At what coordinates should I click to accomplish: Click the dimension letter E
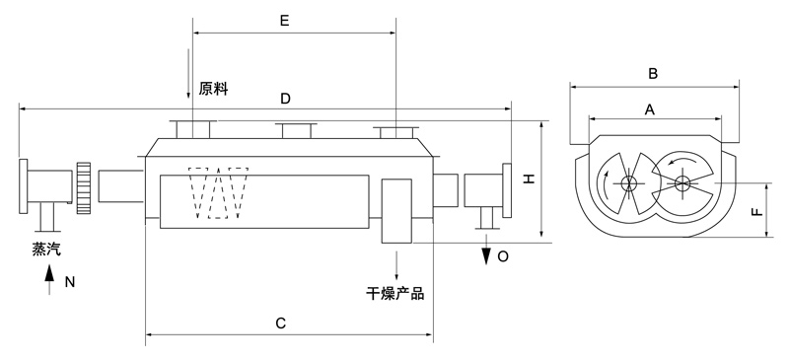pyautogui.click(x=284, y=20)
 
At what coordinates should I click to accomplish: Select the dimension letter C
pyautogui.click(x=281, y=323)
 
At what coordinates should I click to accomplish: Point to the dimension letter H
pyautogui.click(x=529, y=179)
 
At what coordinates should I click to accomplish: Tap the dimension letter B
pyautogui.click(x=652, y=73)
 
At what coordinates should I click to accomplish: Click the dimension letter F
pyautogui.click(x=755, y=211)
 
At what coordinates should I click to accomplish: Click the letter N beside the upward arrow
pyautogui.click(x=69, y=282)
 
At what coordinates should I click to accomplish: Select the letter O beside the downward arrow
pyautogui.click(x=503, y=256)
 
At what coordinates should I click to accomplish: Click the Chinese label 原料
pyautogui.click(x=213, y=89)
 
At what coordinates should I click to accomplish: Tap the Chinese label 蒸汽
pyautogui.click(x=45, y=250)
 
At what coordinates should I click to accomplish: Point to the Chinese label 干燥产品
pyautogui.click(x=394, y=293)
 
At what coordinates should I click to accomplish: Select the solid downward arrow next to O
pyautogui.click(x=486, y=254)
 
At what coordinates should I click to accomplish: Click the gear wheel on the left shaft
pyautogui.click(x=85, y=187)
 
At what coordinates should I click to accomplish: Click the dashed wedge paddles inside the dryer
pyautogui.click(x=222, y=189)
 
